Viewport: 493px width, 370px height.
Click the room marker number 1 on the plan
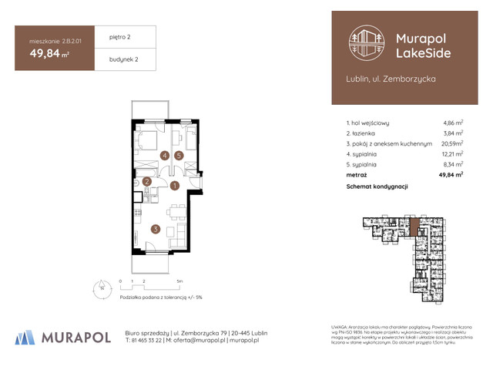[x=175, y=186]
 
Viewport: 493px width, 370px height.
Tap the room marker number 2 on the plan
[x=146, y=182]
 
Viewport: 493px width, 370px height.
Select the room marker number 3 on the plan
[x=155, y=228]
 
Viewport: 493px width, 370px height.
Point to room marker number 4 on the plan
[x=164, y=155]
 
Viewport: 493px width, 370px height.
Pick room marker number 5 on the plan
[x=179, y=155]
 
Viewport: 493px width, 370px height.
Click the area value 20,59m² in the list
[x=451, y=143]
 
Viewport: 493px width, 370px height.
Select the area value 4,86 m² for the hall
[x=452, y=123]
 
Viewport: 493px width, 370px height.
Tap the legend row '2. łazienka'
[x=367, y=133]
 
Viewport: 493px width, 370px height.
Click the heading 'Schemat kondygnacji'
[x=377, y=187]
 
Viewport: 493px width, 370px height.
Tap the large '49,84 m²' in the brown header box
[x=49, y=53]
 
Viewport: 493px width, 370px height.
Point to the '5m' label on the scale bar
[x=179, y=282]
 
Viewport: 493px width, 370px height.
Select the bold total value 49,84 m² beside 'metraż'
[x=450, y=175]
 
